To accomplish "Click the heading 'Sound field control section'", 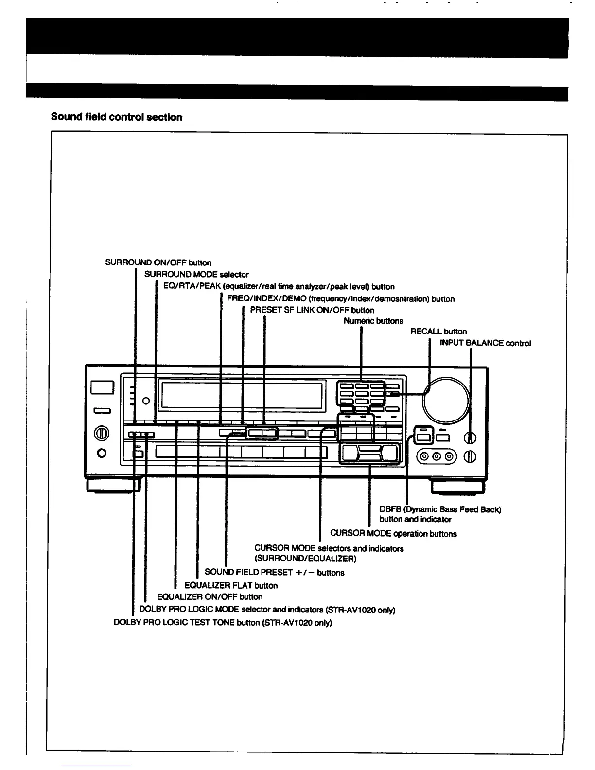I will pos(117,117).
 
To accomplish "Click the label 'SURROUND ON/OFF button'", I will pos(158,263).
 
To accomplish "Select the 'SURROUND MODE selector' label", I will pos(196,275).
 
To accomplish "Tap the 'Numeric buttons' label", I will pos(373,321).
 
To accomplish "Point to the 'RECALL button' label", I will pos(438,332).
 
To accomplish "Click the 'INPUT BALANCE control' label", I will pos(485,343).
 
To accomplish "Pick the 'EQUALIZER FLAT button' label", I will pos(231,586).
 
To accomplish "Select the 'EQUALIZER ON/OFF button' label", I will pos(210,597).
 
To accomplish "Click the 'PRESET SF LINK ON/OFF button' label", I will pos(312,310).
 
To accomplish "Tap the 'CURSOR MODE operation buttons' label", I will pos(393,534).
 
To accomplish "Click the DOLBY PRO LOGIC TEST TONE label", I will pos(223,623).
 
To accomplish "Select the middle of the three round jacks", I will pos(436,456).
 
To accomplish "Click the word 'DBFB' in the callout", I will pos(390,509).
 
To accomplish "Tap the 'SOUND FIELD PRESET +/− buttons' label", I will pos(274,573).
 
